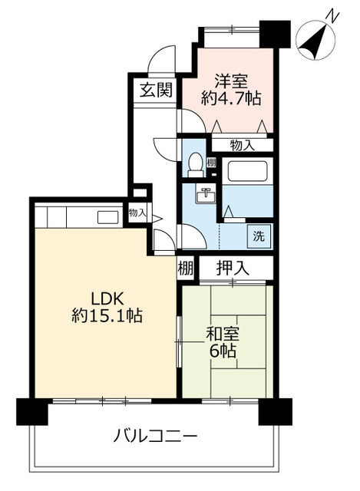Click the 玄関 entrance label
pos(156,90)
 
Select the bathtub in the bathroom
pos(247,171)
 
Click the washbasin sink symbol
pos(206,194)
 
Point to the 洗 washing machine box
pos(259,236)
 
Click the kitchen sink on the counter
pos(107,217)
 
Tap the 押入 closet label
pos(233,268)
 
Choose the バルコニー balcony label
pos(155,436)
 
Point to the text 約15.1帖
pos(107,315)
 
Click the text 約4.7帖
pos(231,99)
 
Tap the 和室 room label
pos(223,334)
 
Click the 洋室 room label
pos(231,81)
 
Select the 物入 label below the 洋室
pos(242,145)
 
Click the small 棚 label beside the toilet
pos(211,163)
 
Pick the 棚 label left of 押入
pos(186,268)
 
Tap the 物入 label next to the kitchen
pos(137,213)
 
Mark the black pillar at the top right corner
pos(276,34)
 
